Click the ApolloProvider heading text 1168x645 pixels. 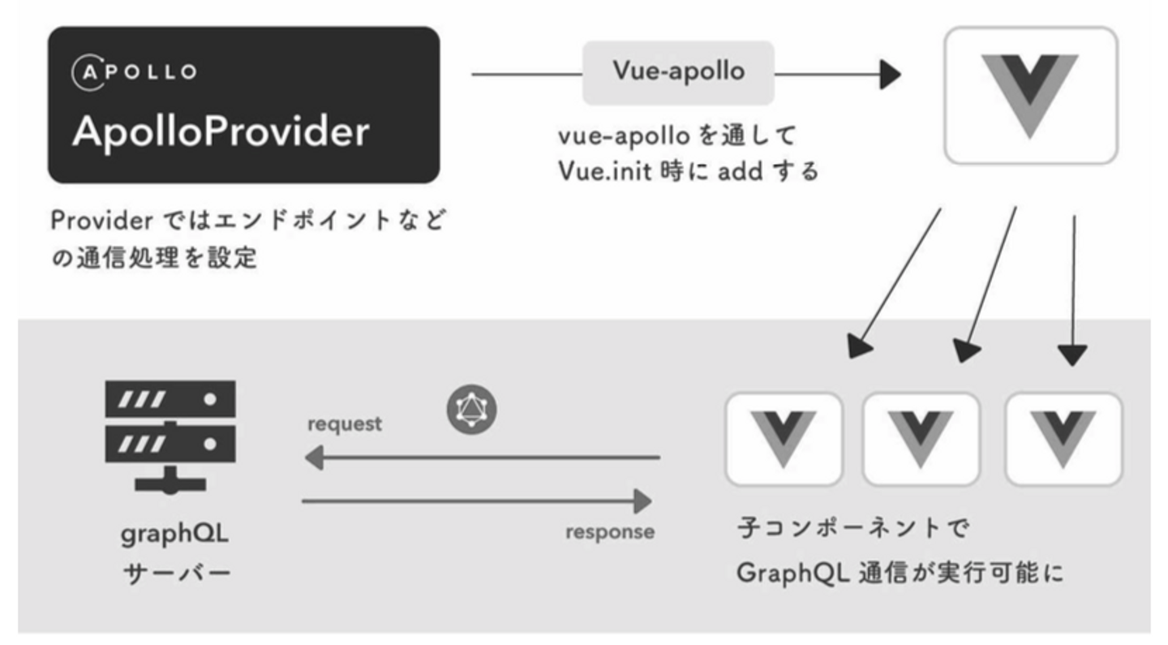(221, 132)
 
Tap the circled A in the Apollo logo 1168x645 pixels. (88, 72)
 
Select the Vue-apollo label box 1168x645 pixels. (678, 73)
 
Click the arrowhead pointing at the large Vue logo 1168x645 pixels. (890, 75)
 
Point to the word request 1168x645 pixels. (345, 424)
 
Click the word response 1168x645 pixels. (610, 532)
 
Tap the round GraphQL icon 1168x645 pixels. (471, 410)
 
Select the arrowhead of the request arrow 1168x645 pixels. (314, 458)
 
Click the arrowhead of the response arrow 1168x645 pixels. (643, 501)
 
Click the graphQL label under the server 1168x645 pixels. (174, 535)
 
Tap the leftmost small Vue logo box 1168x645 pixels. (784, 439)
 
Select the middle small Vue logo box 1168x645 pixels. (921, 439)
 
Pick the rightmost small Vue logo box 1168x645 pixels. (1063, 439)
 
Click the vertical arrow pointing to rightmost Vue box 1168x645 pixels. (1073, 291)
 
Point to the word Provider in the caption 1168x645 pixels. (101, 221)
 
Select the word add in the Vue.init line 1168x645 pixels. (741, 171)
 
